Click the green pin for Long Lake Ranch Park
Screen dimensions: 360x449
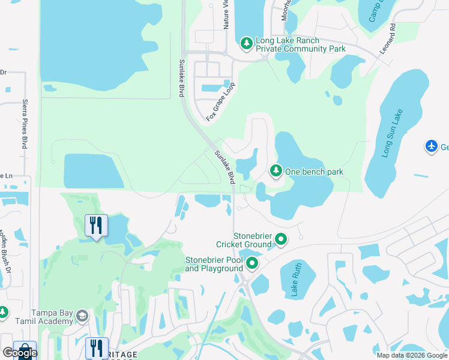pyautogui.click(x=246, y=43)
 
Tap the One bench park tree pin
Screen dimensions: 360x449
pyautogui.click(x=276, y=171)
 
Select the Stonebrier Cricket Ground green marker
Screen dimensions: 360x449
pyautogui.click(x=281, y=240)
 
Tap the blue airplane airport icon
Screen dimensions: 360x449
pyautogui.click(x=432, y=146)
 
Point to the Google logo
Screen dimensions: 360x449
pyautogui.click(x=20, y=353)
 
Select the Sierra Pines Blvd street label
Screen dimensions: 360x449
pyautogui.click(x=25, y=124)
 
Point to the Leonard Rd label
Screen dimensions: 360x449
pyautogui.click(x=388, y=40)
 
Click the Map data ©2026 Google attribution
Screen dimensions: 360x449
pyautogui.click(x=411, y=355)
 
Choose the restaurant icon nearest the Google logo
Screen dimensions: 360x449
pyautogui.click(x=96, y=347)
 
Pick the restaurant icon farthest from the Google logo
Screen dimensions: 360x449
pyautogui.click(x=96, y=226)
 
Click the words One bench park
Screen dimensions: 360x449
pyautogui.click(x=314, y=172)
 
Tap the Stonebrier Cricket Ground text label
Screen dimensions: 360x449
pyautogui.click(x=244, y=240)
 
